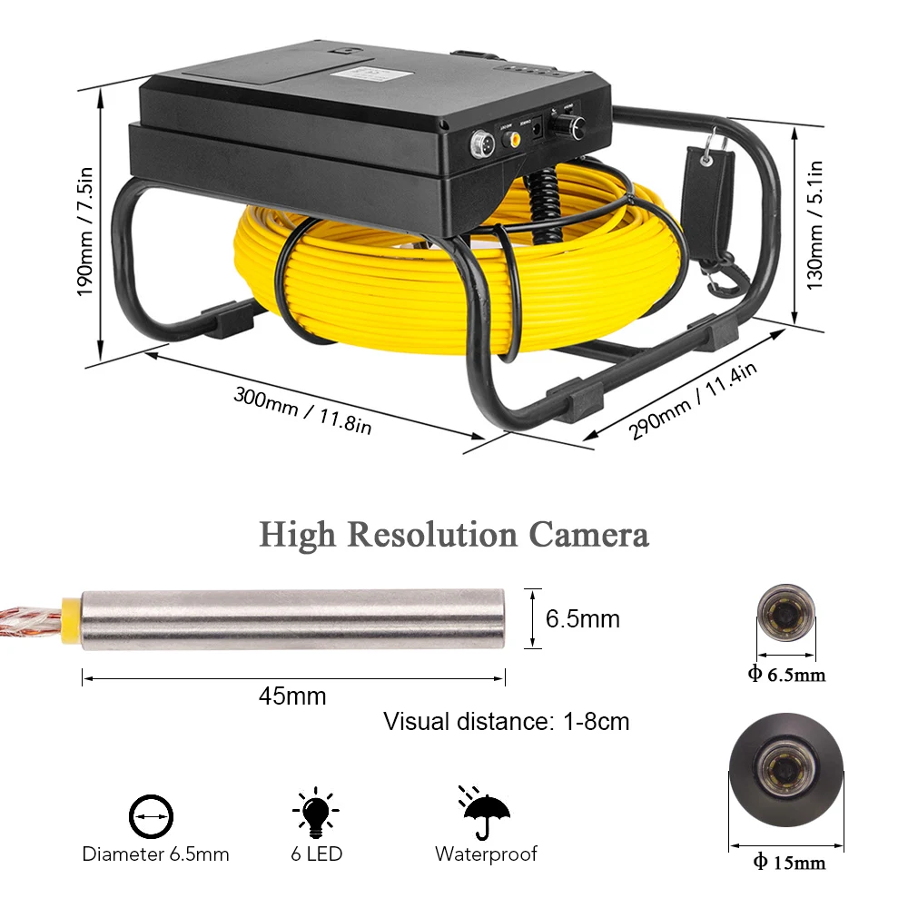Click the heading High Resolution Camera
pyautogui.click(x=454, y=535)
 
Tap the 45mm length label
pyautogui.click(x=292, y=696)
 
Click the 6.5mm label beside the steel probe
pyautogui.click(x=582, y=619)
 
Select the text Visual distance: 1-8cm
pyautogui.click(x=506, y=722)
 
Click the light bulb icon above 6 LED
pyautogui.click(x=315, y=812)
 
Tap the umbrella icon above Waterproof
pyautogui.click(x=487, y=811)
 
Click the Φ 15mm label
pyautogui.click(x=788, y=862)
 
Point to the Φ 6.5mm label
pyautogui.click(x=787, y=675)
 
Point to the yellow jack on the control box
pyautogui.click(x=514, y=140)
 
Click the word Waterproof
pyautogui.click(x=486, y=854)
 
